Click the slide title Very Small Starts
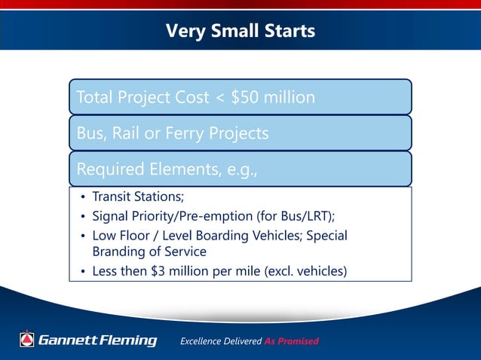(240, 32)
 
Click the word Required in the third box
(109, 170)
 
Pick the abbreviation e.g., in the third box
(237, 170)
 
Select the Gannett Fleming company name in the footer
(97, 340)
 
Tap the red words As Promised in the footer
(291, 341)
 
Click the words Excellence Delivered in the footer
(221, 341)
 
